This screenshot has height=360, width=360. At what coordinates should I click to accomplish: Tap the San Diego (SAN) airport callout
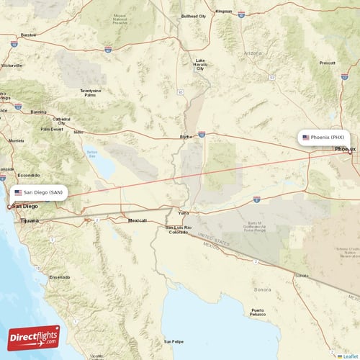coord(41,192)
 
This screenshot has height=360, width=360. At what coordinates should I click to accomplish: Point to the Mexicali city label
coord(137,220)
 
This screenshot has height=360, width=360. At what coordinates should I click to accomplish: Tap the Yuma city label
coord(184,213)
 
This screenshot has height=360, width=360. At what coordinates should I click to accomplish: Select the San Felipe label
coord(172,341)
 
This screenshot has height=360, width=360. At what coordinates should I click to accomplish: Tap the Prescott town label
coord(327,63)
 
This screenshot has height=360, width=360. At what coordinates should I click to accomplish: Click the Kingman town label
coord(224,12)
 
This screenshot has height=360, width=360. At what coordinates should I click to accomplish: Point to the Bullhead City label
coord(194,16)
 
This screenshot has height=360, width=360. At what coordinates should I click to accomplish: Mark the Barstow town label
coord(29,35)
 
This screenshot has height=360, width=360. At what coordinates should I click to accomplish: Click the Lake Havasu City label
coord(199,65)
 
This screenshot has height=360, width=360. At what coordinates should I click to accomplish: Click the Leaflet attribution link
coord(348,356)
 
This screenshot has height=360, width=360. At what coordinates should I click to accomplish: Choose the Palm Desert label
coord(52,130)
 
